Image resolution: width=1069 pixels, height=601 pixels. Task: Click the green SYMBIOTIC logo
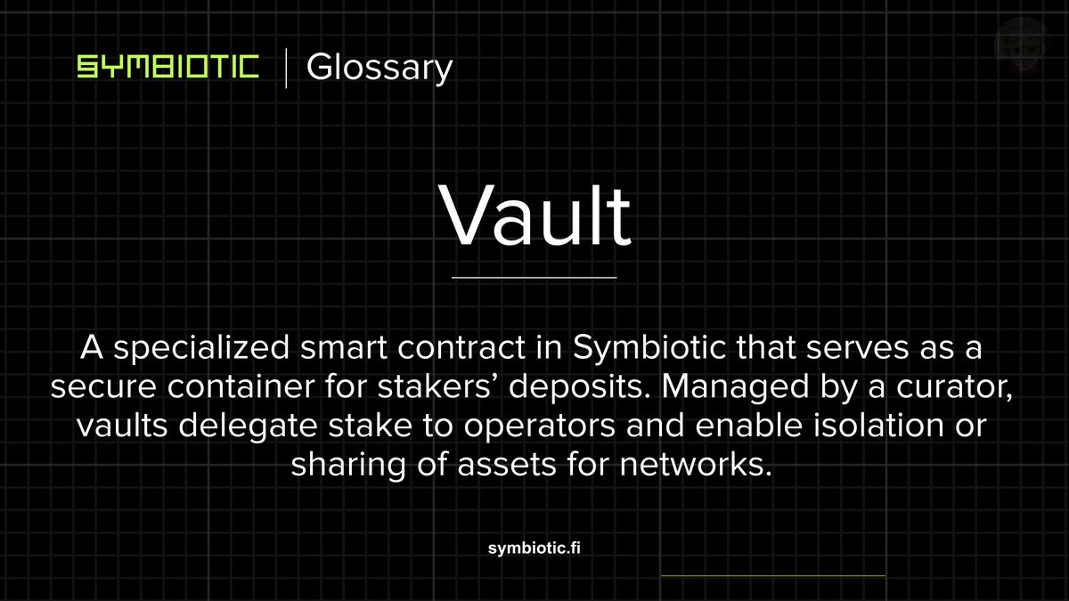[167, 68]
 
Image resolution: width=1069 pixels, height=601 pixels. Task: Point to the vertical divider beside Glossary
[286, 69]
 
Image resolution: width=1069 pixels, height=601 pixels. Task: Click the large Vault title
[534, 216]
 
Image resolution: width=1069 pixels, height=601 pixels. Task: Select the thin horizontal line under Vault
[534, 278]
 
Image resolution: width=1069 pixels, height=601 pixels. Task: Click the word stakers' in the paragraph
[395, 387]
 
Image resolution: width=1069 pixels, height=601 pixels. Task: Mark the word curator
[952, 387]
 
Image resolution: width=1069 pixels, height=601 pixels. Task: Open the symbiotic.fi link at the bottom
[534, 548]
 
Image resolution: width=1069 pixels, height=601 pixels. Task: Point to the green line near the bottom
[773, 576]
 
